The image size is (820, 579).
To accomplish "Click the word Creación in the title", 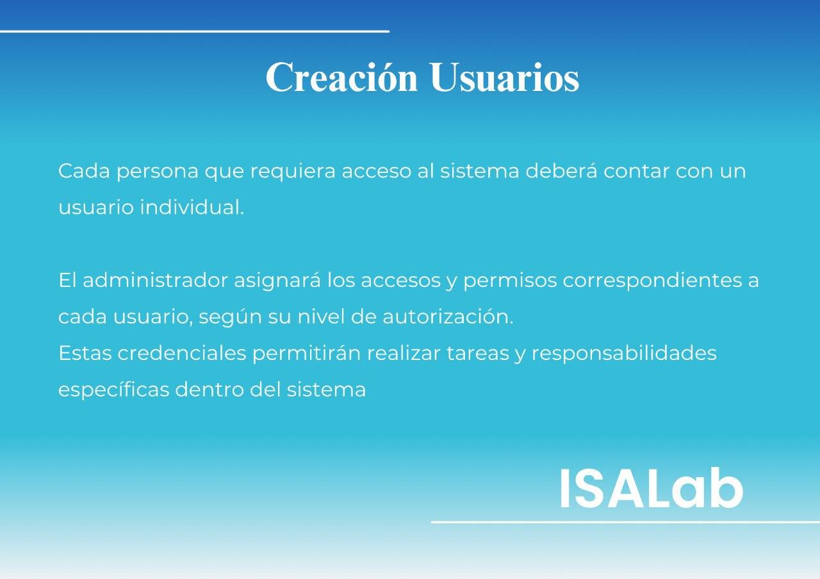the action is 341,76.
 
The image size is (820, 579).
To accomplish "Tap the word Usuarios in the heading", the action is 504,77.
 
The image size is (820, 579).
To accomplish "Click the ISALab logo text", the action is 652,488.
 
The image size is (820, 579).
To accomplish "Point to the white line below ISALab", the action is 625,522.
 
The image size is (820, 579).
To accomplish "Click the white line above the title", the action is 194,31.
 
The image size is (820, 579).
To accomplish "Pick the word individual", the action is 192,207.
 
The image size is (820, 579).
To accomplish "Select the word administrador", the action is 158,280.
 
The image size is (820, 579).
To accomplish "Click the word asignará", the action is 277,281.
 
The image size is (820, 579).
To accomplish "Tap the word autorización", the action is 448,316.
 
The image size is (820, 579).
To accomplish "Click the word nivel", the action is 322,316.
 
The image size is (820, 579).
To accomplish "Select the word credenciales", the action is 181,353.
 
